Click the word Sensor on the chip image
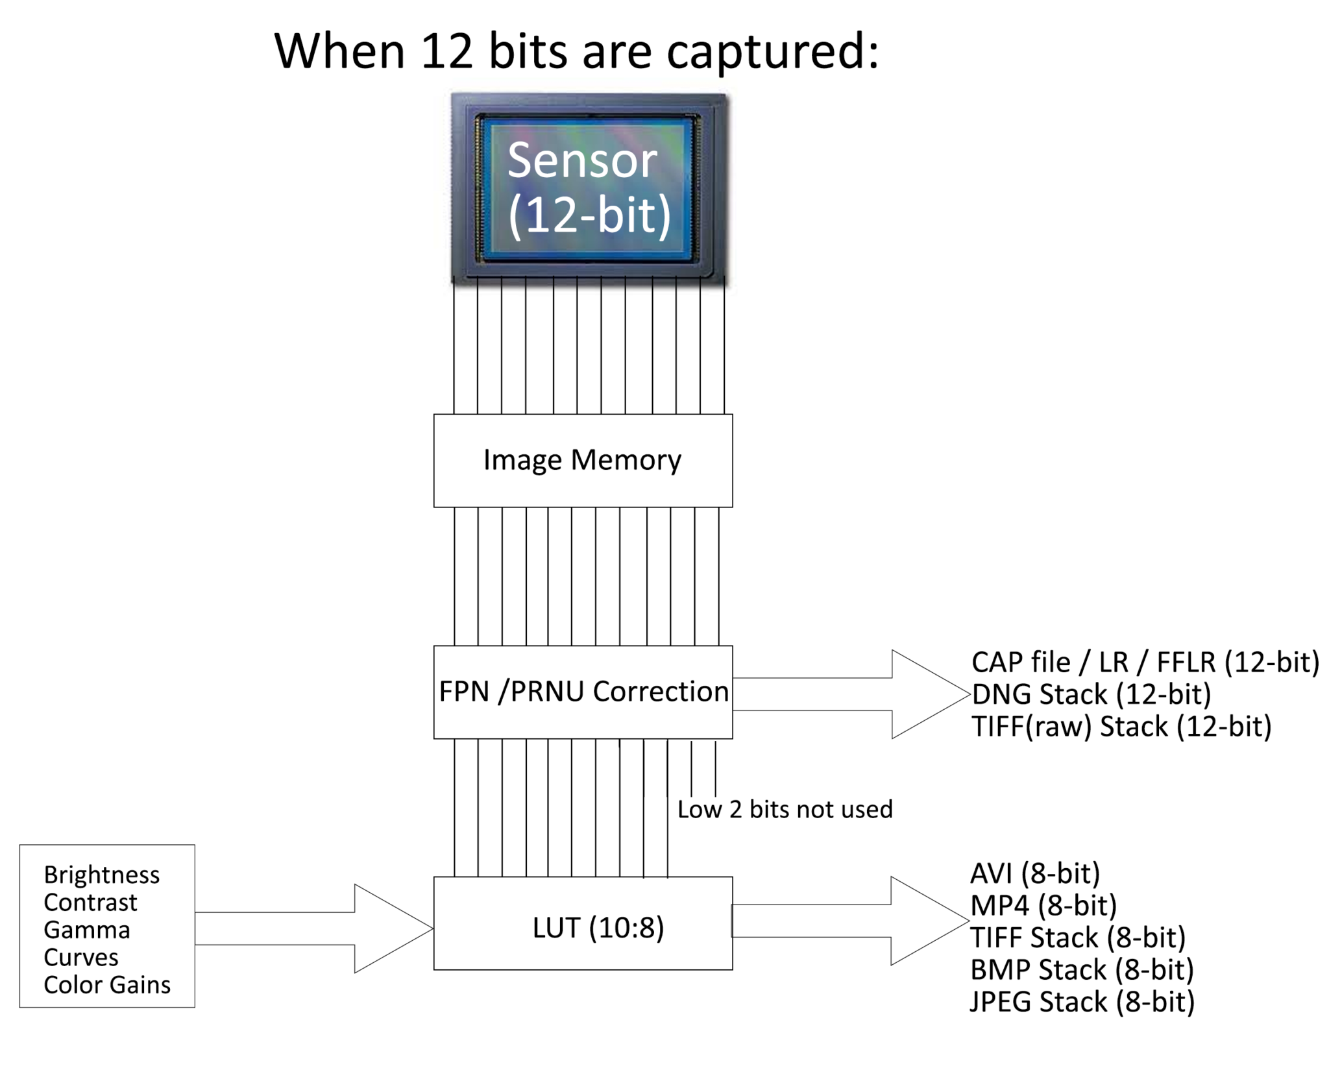(581, 160)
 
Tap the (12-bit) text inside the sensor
(589, 216)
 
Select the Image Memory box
(582, 460)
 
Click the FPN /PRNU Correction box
(582, 692)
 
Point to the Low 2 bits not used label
(785, 809)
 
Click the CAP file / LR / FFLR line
(1145, 662)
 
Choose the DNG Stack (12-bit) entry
(1090, 694)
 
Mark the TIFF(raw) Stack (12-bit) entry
(1121, 726)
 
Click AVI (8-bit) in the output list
(1034, 873)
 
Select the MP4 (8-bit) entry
(1043, 906)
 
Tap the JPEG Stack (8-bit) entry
(1082, 1002)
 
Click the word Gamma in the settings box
(87, 930)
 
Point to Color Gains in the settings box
(107, 985)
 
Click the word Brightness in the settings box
(101, 875)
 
